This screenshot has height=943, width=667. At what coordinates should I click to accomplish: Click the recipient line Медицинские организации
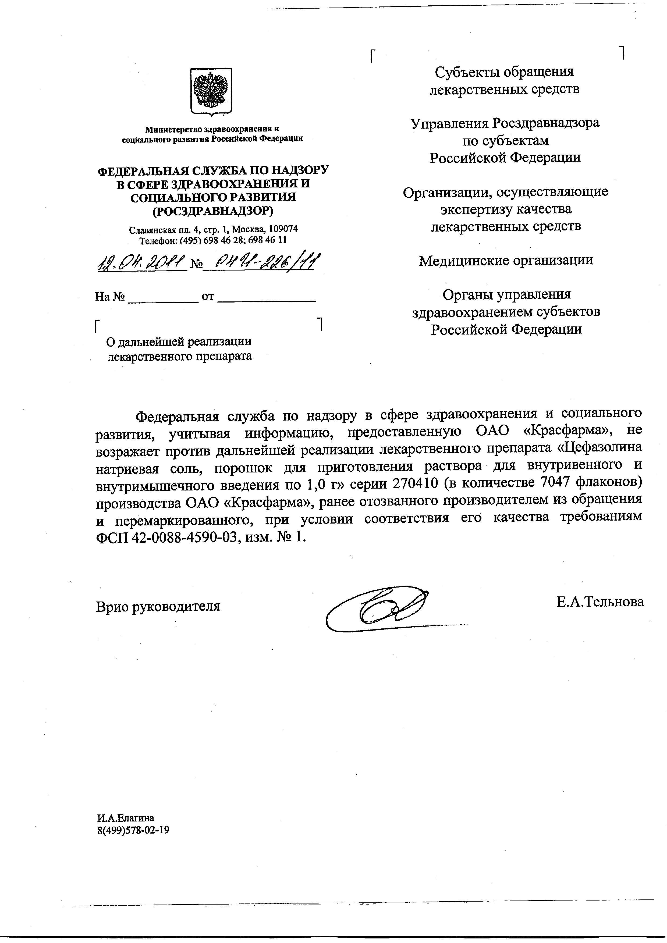[x=506, y=260]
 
